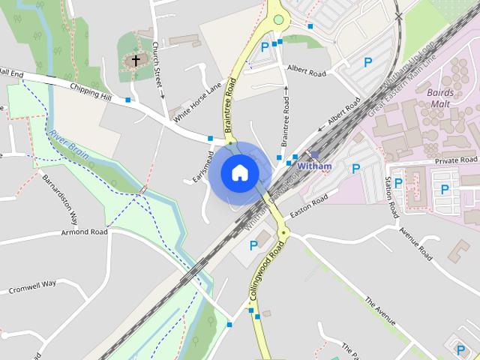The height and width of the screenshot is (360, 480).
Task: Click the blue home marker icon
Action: coord(239,172)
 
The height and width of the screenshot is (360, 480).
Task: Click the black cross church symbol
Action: coord(136,60)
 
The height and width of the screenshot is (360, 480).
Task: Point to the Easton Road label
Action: coord(309,200)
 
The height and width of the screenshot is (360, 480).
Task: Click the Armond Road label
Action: coord(86,232)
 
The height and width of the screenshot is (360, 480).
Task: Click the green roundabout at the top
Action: coord(279,19)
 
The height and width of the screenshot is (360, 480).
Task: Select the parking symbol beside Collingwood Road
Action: coord(253,245)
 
